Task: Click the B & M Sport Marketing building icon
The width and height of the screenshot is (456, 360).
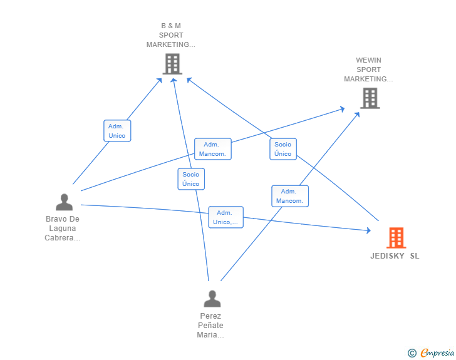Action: pyautogui.click(x=172, y=64)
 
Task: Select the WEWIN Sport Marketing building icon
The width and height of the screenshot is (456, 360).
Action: pyautogui.click(x=370, y=98)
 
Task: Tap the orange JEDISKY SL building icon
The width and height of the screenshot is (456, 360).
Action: pyautogui.click(x=396, y=238)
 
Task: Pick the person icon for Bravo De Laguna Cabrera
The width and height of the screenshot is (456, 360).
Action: pyautogui.click(x=65, y=202)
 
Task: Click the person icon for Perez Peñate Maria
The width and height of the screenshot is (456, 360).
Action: pyautogui.click(x=212, y=299)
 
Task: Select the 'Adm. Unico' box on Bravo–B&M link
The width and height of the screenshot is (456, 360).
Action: pyautogui.click(x=117, y=131)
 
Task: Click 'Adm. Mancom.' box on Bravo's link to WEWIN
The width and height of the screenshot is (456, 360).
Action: pyautogui.click(x=213, y=149)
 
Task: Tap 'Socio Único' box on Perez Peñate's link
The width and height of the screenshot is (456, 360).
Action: pyautogui.click(x=191, y=179)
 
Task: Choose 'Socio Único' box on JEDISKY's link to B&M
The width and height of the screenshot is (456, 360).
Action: pyautogui.click(x=283, y=149)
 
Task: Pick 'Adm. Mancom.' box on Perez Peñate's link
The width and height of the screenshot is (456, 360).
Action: pyautogui.click(x=290, y=197)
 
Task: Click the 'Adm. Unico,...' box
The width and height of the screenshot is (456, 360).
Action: pyautogui.click(x=225, y=217)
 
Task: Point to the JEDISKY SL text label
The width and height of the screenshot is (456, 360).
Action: pyautogui.click(x=395, y=256)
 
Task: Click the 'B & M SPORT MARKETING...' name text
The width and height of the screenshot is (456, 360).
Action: pyautogui.click(x=171, y=35)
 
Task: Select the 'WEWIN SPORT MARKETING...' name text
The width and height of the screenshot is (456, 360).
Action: pyautogui.click(x=368, y=69)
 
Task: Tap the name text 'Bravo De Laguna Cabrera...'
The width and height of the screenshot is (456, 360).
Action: pyautogui.click(x=63, y=229)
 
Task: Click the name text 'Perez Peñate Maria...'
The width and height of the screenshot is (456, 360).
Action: pyautogui.click(x=210, y=326)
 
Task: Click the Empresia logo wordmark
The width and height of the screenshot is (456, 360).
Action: pyautogui.click(x=437, y=353)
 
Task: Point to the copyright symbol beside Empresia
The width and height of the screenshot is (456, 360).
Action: pyautogui.click(x=412, y=353)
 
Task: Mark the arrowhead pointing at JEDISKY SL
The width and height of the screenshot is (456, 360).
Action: pyautogui.click(x=368, y=230)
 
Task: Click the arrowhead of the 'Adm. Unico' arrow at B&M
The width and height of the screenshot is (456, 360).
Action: pyautogui.click(x=159, y=81)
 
